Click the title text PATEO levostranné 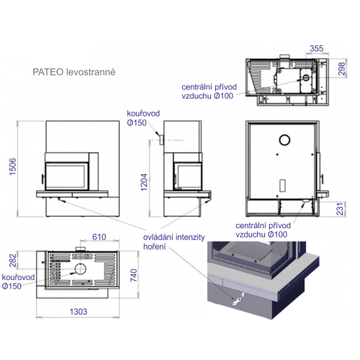(74, 72)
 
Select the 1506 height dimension (12, 166)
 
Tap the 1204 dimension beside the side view (144, 182)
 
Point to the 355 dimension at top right (317, 48)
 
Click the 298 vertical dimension (342, 68)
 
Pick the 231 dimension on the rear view (340, 209)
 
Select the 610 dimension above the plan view (99, 237)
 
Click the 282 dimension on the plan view (12, 261)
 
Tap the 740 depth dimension (133, 275)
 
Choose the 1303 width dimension (78, 312)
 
